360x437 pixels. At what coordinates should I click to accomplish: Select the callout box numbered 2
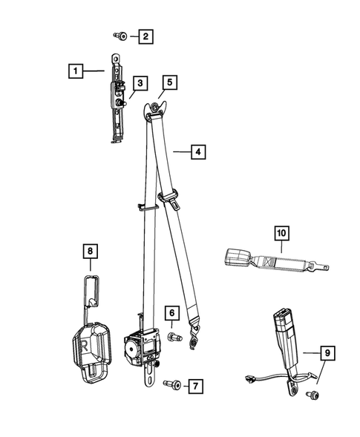click(x=145, y=35)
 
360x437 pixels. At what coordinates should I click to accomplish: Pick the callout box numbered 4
click(x=197, y=152)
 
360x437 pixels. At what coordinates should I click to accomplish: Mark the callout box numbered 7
click(x=194, y=386)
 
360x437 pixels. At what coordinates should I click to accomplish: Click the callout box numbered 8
click(x=89, y=252)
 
